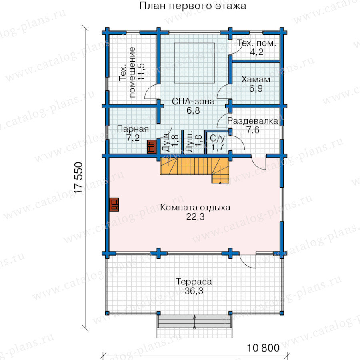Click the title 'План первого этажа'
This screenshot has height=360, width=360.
coord(193,6)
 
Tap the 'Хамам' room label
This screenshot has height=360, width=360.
coord(256,80)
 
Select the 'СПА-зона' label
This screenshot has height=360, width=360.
coord(193,101)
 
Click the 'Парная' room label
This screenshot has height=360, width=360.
coord(133,129)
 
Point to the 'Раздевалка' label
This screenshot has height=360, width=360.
coord(252,121)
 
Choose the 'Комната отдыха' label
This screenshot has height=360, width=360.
coord(195,208)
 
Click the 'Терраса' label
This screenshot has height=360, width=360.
coord(194,282)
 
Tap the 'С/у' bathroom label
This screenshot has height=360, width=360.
coord(217,138)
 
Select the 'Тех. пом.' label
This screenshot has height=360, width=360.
coord(256,43)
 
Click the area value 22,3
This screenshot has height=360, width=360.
coord(195,217)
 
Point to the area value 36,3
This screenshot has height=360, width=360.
coord(194,291)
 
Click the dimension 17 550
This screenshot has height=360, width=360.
coord(78,178)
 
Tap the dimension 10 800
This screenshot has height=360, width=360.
coord(263,348)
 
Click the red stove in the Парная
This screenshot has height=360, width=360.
coord(152,146)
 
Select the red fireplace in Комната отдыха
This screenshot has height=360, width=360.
coord(114,204)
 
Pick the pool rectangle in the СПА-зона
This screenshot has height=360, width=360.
coord(194,63)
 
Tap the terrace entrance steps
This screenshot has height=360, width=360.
coord(194,326)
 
